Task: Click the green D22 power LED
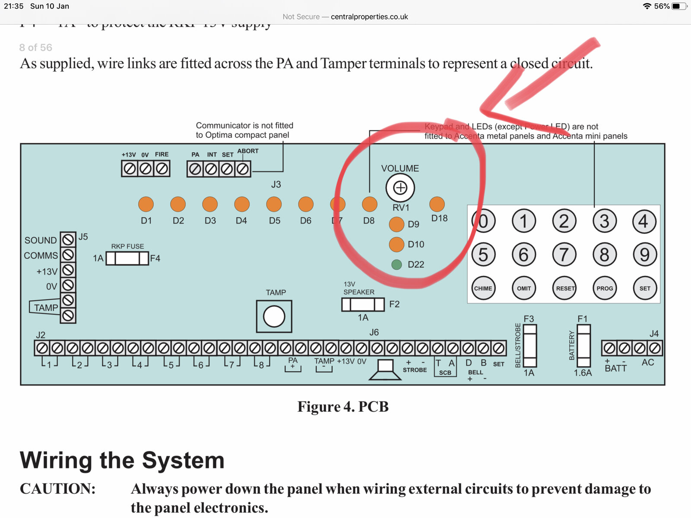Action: (x=396, y=264)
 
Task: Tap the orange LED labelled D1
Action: (x=146, y=204)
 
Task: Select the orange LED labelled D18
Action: (x=437, y=204)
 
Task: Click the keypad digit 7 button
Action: (x=564, y=255)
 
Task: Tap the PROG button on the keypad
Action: (x=605, y=288)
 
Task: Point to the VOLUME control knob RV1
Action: (x=400, y=188)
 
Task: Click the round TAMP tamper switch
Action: (x=274, y=316)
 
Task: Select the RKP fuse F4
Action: (x=127, y=258)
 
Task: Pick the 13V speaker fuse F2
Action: (x=363, y=304)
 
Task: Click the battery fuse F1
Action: (x=584, y=346)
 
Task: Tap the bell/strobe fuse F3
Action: (x=530, y=346)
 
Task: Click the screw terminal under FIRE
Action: (x=162, y=168)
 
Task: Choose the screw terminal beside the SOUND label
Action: (x=68, y=239)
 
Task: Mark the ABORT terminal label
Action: (x=248, y=151)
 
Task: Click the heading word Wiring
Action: (x=56, y=460)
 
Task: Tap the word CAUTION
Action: (x=57, y=489)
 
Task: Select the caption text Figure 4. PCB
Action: (x=343, y=407)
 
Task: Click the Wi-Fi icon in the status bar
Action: (x=647, y=6)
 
